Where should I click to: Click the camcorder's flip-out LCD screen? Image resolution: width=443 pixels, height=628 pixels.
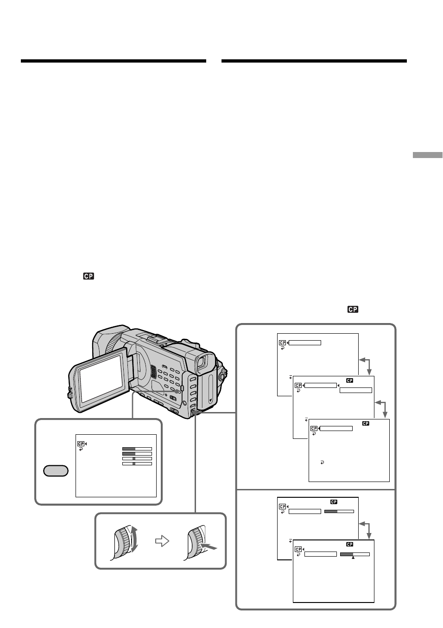tap(101, 378)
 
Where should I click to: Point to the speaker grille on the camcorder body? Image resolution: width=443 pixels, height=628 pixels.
tap(153, 372)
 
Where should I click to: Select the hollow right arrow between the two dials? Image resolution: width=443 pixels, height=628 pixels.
tap(162, 541)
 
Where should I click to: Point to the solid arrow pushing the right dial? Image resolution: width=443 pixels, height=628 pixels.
tap(209, 546)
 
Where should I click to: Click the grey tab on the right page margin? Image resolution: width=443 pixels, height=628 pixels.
tap(427, 155)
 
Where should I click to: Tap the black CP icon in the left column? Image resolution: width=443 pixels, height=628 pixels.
tap(89, 276)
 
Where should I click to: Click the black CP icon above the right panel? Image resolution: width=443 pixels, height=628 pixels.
tap(353, 309)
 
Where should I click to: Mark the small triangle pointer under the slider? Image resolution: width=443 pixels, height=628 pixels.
tap(353, 558)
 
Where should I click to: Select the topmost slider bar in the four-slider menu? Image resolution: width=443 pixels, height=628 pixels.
tap(137, 449)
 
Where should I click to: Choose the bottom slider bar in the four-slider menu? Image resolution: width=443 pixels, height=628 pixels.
tap(137, 464)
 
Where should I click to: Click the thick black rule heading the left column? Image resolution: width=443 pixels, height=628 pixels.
tap(114, 61)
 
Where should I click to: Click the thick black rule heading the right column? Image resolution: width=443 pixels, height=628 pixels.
tap(314, 61)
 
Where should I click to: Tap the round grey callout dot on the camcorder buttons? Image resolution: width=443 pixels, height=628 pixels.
tap(177, 391)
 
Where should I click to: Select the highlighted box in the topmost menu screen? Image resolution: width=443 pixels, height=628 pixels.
tap(305, 343)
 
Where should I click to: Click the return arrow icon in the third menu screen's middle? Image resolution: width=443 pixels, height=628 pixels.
tap(322, 463)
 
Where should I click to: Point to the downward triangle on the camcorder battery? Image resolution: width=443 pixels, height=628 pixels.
tap(210, 400)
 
